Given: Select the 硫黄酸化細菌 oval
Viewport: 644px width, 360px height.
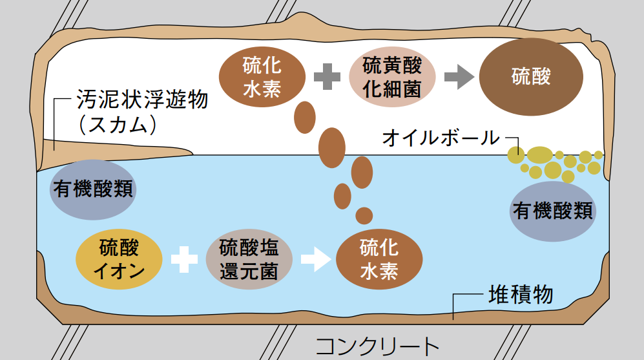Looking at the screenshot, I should coord(392,77).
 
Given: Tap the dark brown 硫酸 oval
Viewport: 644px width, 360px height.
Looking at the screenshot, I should coord(531,76).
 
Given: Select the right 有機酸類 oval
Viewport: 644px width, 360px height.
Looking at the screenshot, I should coord(552,210).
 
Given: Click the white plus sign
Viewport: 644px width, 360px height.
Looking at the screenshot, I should coord(184,259).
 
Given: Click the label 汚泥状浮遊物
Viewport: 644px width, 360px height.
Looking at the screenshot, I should coord(142,100).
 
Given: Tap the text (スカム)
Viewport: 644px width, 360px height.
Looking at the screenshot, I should coord(117,124).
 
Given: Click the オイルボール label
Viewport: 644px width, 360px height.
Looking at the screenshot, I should coord(441,137).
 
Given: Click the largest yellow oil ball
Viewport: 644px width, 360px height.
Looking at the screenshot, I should coord(539,155).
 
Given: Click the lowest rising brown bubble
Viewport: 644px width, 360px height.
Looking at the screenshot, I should coord(364,215).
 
